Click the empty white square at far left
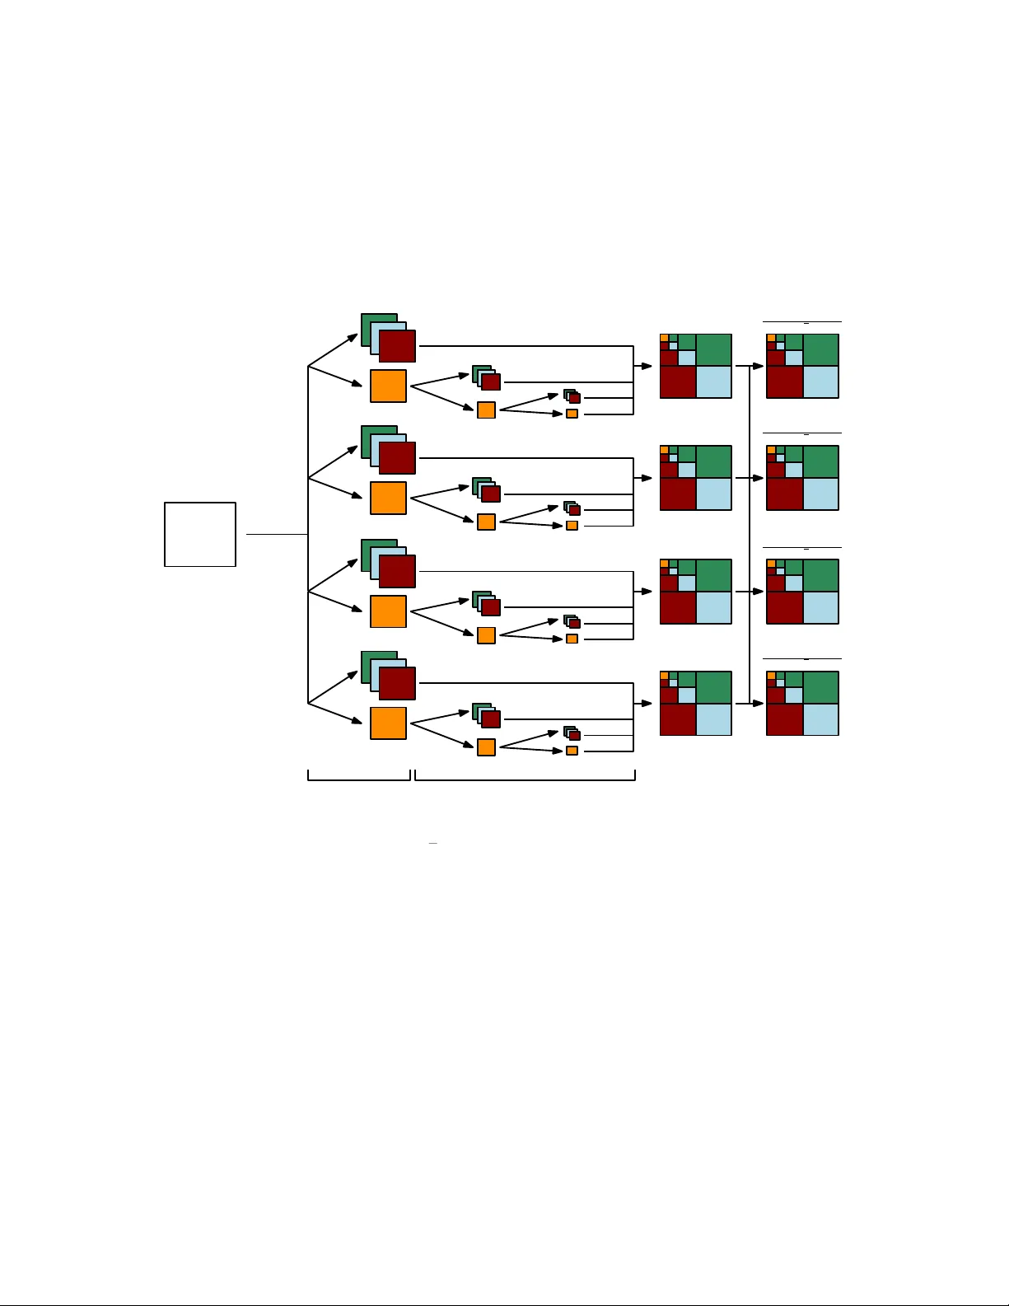pyautogui.click(x=200, y=534)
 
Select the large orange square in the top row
pyautogui.click(x=388, y=386)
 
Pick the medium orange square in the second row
pyautogui.click(x=486, y=522)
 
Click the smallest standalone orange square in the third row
pyautogui.click(x=572, y=639)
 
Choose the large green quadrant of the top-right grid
pyautogui.click(x=820, y=349)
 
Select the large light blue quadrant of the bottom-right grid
pyautogui.click(x=820, y=719)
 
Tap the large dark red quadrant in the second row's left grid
pyautogui.click(x=678, y=494)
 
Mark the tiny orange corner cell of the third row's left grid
pyautogui.click(x=664, y=564)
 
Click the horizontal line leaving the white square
pyautogui.click(x=276, y=534)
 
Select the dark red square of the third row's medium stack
pyautogui.click(x=492, y=608)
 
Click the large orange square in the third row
pyautogui.click(x=388, y=611)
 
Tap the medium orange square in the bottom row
pyautogui.click(x=486, y=747)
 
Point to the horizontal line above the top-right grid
pyautogui.click(x=801, y=321)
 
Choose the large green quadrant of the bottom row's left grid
pyautogui.click(x=714, y=687)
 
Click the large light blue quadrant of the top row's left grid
pyautogui.click(x=714, y=382)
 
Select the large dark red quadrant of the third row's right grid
pyautogui.click(x=784, y=608)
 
